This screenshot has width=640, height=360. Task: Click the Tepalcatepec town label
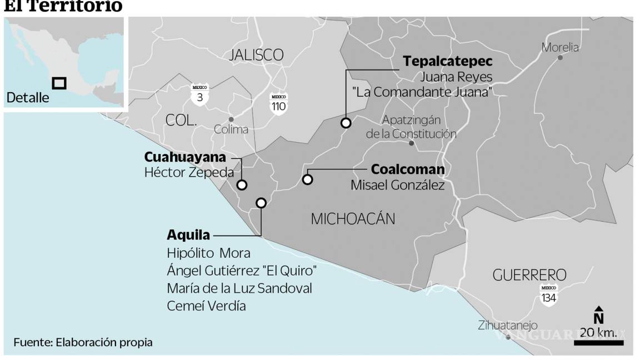pyautogui.click(x=448, y=61)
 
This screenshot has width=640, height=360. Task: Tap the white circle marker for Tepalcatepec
pyautogui.click(x=346, y=123)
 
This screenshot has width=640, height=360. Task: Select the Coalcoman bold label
pyautogui.click(x=408, y=169)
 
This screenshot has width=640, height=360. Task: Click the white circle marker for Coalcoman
pyautogui.click(x=307, y=179)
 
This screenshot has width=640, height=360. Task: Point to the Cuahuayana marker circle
pyautogui.click(x=242, y=186)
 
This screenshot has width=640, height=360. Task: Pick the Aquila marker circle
pyautogui.click(x=261, y=203)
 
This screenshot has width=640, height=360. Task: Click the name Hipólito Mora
pyautogui.click(x=208, y=253)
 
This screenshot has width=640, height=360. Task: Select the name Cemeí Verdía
pyautogui.click(x=206, y=306)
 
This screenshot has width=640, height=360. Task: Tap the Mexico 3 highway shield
pyautogui.click(x=199, y=94)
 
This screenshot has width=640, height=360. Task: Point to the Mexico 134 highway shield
pyautogui.click(x=549, y=294)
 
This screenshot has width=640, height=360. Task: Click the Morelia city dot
pyautogui.click(x=560, y=58)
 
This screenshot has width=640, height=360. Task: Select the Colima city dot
pyautogui.click(x=231, y=119)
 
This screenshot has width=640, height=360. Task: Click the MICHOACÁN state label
pyautogui.click(x=353, y=218)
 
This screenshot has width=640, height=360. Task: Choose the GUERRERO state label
pyautogui.click(x=529, y=275)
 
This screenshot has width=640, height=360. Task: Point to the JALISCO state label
pyautogui.click(x=256, y=55)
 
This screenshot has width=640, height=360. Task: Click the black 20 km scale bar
pyautogui.click(x=598, y=343)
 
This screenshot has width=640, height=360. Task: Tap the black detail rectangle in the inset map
pyautogui.click(x=59, y=83)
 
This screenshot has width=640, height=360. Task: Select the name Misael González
pyautogui.click(x=397, y=186)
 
